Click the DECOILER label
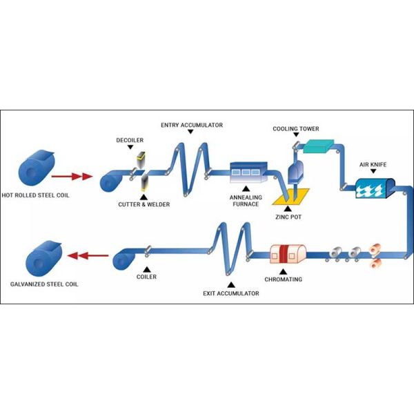[x=130, y=141]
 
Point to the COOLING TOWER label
[x=295, y=129]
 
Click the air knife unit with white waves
[x=375, y=187]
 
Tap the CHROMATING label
[x=284, y=280]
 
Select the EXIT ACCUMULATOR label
[x=231, y=293]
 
